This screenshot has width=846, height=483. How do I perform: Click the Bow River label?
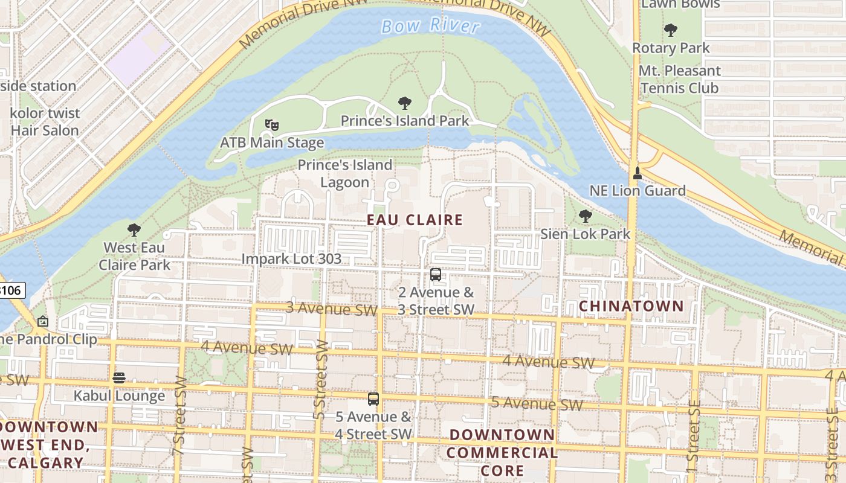pyautogui.click(x=431, y=26)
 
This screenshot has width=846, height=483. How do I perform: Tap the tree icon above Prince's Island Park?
pyautogui.click(x=405, y=103)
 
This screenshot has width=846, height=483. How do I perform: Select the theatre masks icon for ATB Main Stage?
pyautogui.click(x=271, y=125)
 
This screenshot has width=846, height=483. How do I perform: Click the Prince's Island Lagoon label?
pyautogui.click(x=344, y=173)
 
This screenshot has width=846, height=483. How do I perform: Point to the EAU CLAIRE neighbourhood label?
pyautogui.click(x=415, y=220)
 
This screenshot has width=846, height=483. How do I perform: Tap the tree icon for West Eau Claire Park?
pyautogui.click(x=134, y=230)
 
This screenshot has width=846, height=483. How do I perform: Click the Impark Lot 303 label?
pyautogui.click(x=291, y=259)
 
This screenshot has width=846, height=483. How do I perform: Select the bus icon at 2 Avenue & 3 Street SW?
pyautogui.click(x=435, y=275)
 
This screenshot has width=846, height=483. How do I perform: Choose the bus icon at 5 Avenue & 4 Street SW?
pyautogui.click(x=373, y=399)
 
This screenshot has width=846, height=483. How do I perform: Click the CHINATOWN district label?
pyautogui.click(x=631, y=306)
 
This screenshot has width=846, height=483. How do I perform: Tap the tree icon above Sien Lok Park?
pyautogui.click(x=584, y=216)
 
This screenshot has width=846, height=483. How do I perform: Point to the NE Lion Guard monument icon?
pyautogui.click(x=637, y=174)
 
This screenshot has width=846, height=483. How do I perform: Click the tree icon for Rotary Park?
pyautogui.click(x=670, y=30)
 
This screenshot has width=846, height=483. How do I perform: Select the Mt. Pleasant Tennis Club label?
pyautogui.click(x=680, y=79)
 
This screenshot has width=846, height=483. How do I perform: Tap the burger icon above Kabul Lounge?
pyautogui.click(x=119, y=378)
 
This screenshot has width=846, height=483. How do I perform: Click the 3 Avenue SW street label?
pyautogui.click(x=331, y=309)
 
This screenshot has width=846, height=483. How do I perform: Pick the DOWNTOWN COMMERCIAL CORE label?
pyautogui.click(x=502, y=452)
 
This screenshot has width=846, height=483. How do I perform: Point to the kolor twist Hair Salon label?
pyautogui.click(x=45, y=121)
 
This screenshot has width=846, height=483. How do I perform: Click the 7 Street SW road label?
pyautogui.click(x=180, y=417)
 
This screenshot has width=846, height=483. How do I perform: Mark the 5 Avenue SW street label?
pyautogui.click(x=537, y=403)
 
